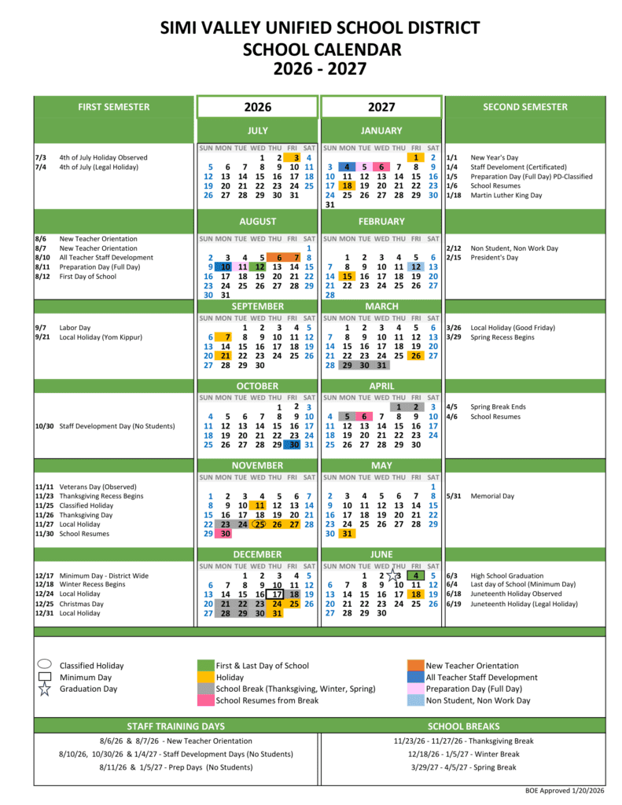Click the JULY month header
coord(257,130)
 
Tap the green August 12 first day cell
coord(260,266)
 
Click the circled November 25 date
coord(260,524)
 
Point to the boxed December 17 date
coord(276,594)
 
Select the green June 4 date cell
coord(416,575)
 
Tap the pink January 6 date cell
coord(381,167)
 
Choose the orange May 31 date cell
coord(346,533)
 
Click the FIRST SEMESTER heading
coord(114,107)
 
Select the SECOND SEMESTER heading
coord(524,107)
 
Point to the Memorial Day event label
coord(492,496)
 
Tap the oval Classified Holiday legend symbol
coord(44,665)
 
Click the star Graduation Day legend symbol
coord(44,689)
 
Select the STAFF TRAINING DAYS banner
coord(175,726)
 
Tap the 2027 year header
coord(381,107)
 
